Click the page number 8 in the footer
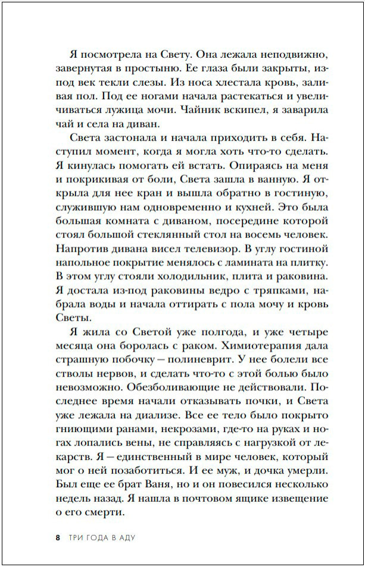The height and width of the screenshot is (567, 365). click(57, 538)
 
